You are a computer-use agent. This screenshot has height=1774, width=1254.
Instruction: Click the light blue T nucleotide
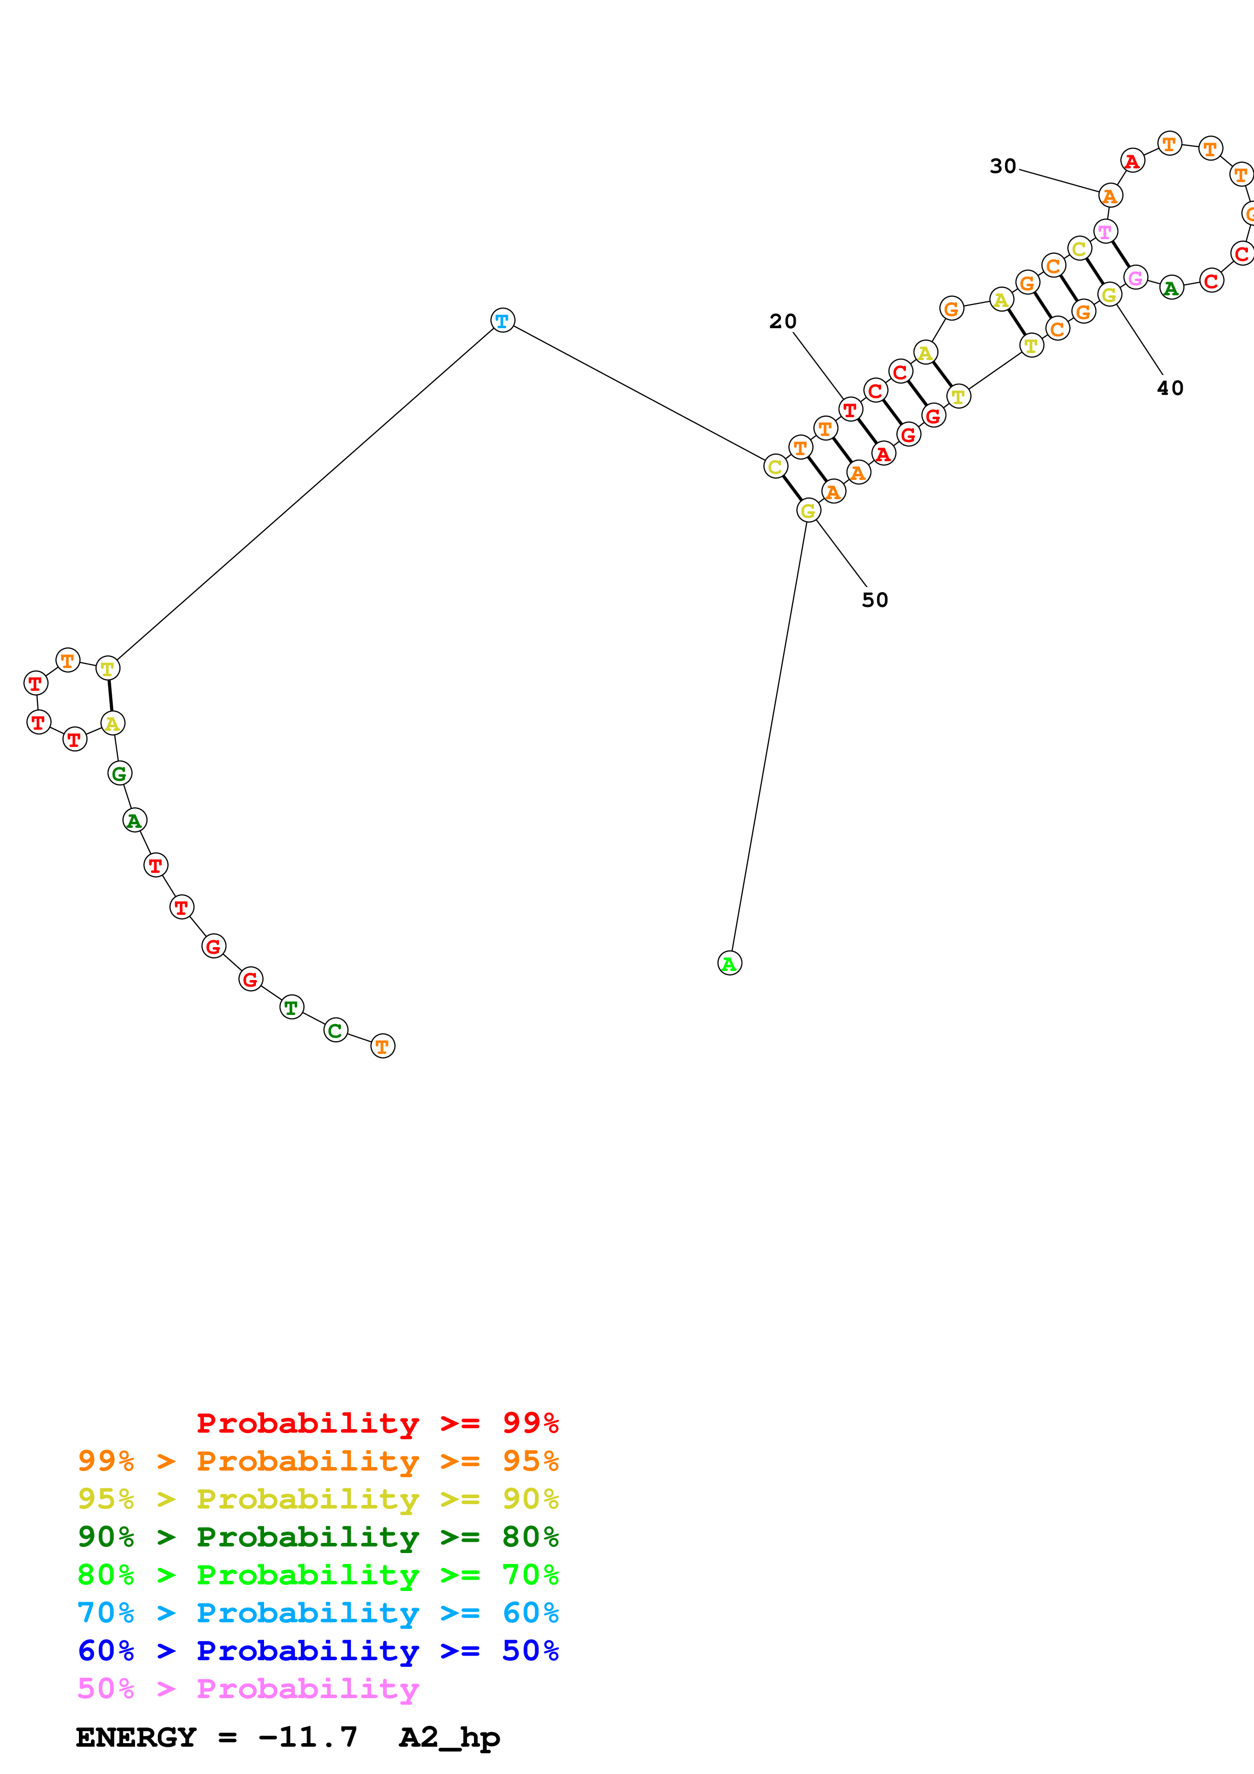pos(502,320)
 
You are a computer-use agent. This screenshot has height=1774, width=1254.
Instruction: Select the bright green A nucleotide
pos(729,963)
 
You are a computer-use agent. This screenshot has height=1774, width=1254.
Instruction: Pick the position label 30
pos(1003,166)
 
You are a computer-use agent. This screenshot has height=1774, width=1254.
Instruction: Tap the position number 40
pos(1170,388)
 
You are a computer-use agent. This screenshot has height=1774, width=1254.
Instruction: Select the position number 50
pos(875,600)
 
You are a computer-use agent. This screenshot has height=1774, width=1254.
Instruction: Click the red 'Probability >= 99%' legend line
pos(377,1423)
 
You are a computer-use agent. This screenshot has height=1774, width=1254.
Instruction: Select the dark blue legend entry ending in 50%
pos(318,1651)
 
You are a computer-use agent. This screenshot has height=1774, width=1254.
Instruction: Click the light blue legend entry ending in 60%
pos(318,1613)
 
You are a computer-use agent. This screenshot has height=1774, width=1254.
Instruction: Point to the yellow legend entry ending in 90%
pos(318,1498)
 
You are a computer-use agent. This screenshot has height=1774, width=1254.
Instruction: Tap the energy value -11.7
pos(308,1737)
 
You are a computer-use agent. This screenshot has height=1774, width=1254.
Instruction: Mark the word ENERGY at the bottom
pos(136,1737)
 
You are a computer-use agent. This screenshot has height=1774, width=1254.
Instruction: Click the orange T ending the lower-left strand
pos(382,1046)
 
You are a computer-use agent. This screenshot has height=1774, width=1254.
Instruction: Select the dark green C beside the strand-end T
pos(335,1030)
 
